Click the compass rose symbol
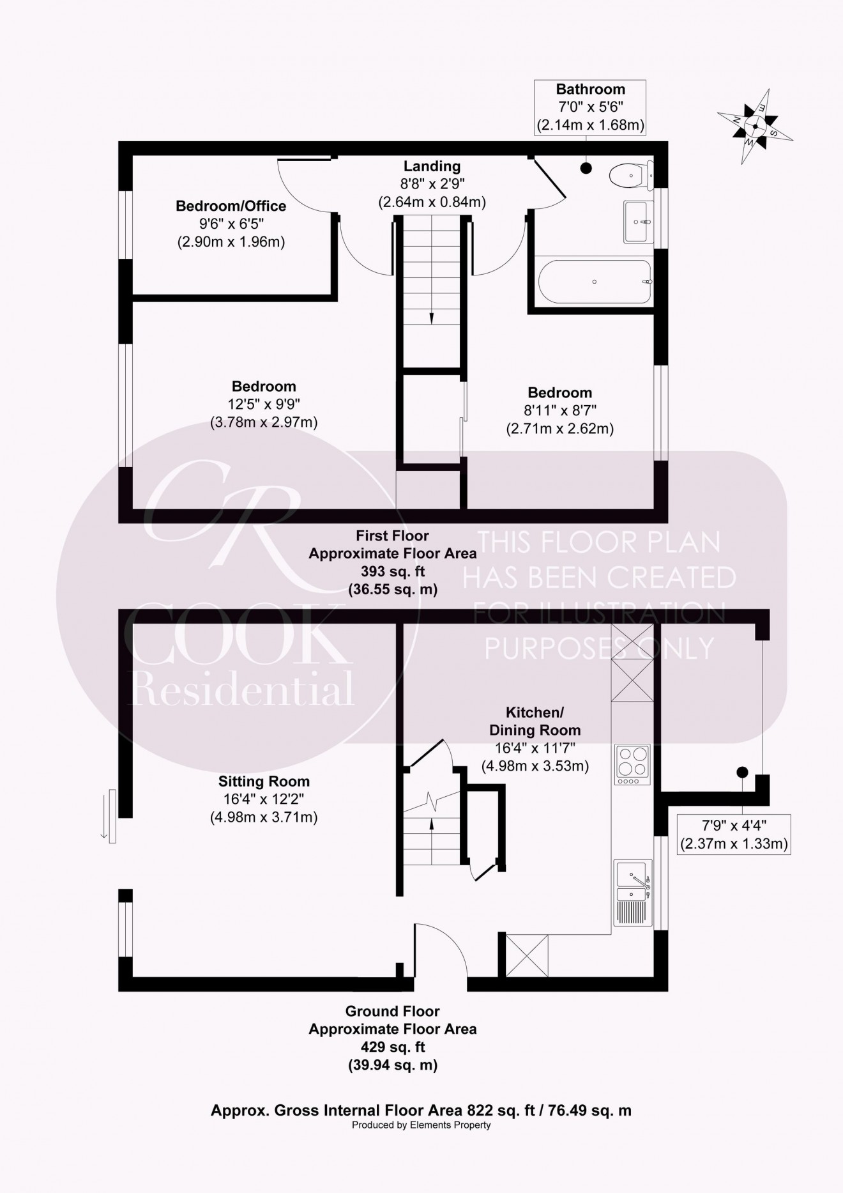point(755,126)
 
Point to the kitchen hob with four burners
point(632,764)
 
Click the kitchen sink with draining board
point(632,892)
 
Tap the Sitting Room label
point(264,781)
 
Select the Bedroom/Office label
point(231,206)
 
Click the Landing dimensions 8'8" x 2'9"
point(432,184)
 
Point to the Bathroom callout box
point(590,107)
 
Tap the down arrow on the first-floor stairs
point(432,318)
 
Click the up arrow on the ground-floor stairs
point(432,825)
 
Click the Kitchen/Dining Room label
point(535,721)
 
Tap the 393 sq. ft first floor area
point(392,571)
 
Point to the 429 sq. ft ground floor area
point(392,1047)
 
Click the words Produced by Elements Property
point(421,1125)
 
